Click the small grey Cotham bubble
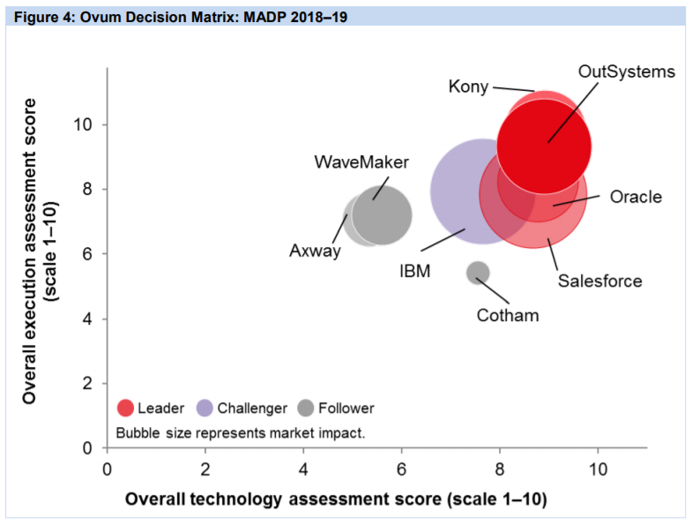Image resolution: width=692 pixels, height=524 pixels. pos(477,273)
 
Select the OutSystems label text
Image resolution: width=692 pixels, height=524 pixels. pos(627,71)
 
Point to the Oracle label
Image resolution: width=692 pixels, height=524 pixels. pos(635,197)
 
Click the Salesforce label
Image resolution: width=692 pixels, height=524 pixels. pos(599,281)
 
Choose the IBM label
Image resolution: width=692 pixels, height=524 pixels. pos(414,271)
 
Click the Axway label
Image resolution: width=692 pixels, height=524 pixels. pos(315,251)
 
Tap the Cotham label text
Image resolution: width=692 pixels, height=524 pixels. pos(507,315)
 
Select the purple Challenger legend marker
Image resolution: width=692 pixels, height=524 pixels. pos(204,408)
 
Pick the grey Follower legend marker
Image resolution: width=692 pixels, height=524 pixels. pos(305,408)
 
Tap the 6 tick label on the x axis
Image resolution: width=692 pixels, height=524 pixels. pos(402,467)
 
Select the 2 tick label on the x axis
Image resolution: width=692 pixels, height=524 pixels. pos(205,467)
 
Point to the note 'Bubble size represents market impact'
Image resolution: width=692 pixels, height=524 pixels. pos(240,433)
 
